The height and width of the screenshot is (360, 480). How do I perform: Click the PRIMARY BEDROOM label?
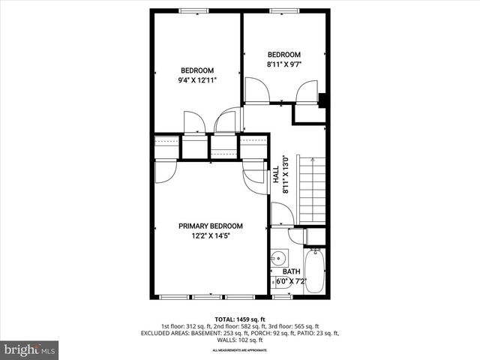click(x=210, y=226)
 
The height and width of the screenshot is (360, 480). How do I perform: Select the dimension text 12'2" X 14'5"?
click(x=210, y=235)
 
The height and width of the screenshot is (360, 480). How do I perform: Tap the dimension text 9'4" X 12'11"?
click(x=197, y=80)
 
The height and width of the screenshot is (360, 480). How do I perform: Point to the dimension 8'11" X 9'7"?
click(x=284, y=64)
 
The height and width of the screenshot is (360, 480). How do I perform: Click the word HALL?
click(x=276, y=174)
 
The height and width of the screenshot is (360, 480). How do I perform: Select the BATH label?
click(x=291, y=271)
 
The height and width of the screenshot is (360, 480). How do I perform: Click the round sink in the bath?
click(x=277, y=256)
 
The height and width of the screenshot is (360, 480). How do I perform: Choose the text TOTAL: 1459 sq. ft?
click(x=241, y=319)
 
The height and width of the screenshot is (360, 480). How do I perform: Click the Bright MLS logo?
click(x=30, y=349)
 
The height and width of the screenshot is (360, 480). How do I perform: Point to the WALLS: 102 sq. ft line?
click(x=241, y=340)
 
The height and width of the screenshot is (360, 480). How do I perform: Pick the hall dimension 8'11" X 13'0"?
click(x=285, y=174)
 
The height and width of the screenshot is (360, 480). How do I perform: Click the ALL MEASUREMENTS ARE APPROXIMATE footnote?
click(x=241, y=350)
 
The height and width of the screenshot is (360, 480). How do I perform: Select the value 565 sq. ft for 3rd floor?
click(x=304, y=326)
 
